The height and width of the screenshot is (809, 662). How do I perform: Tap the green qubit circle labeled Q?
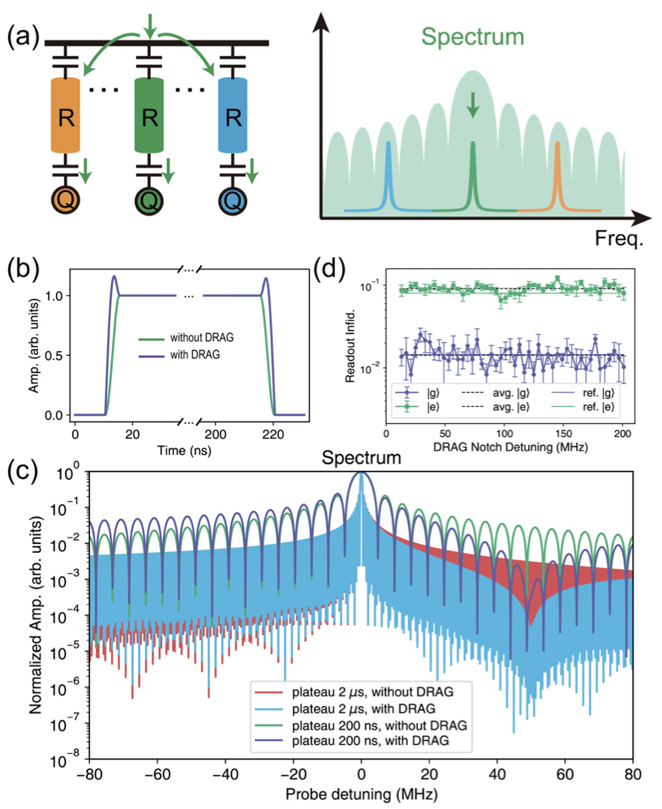tap(148, 198)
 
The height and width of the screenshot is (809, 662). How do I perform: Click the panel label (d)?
tap(332, 268)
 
